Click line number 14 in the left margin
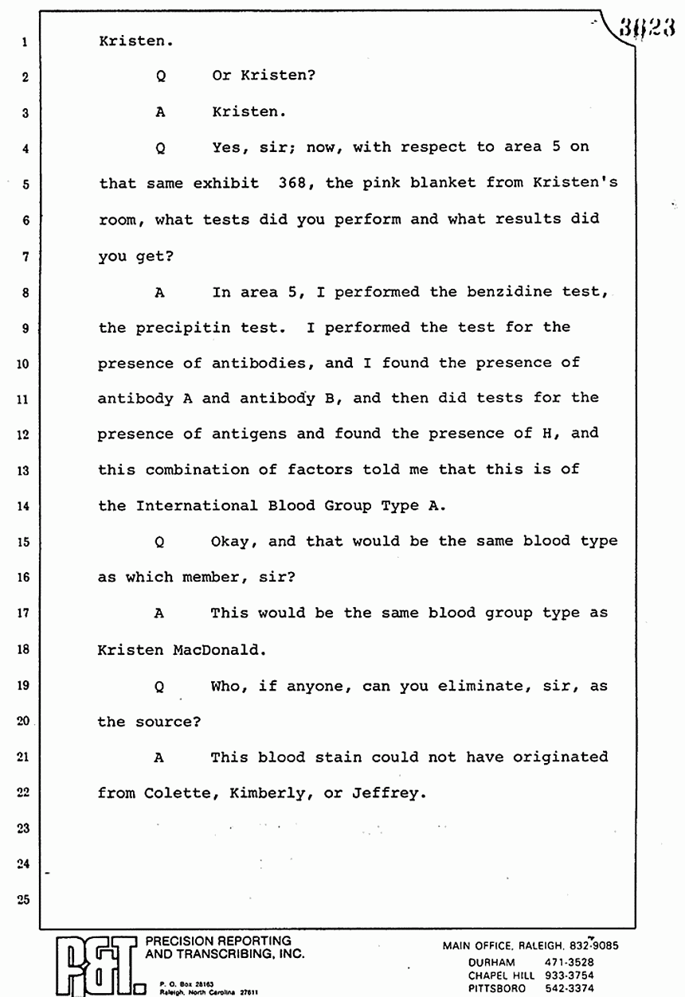25,506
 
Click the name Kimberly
264,793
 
